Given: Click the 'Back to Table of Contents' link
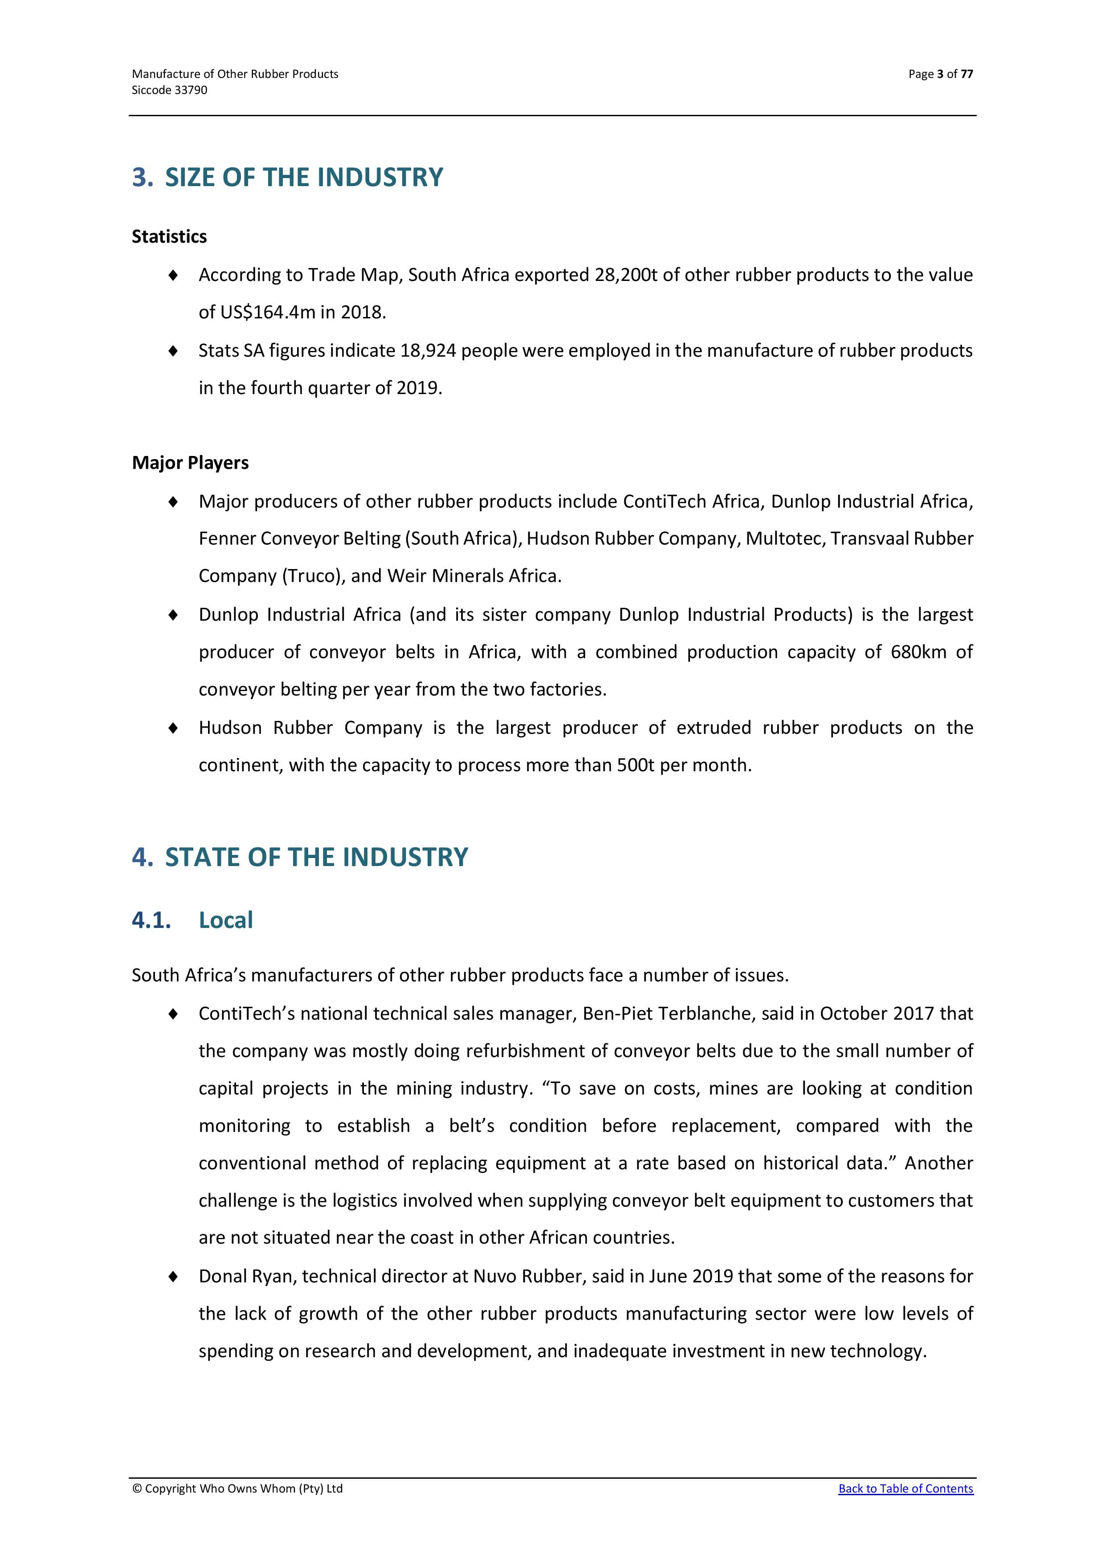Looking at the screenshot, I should click(905, 1489).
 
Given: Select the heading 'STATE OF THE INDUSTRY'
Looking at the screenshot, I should click(316, 857).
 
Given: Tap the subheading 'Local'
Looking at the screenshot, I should click(225, 920).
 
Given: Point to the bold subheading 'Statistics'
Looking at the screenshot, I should click(169, 237).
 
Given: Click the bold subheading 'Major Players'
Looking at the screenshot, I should click(190, 463).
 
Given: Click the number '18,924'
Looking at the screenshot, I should click(428, 351).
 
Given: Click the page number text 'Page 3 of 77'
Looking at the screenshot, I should click(940, 74).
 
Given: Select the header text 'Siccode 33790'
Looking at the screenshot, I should click(169, 90).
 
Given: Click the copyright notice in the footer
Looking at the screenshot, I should click(237, 1489).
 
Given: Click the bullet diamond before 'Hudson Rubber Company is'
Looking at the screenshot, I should click(174, 728).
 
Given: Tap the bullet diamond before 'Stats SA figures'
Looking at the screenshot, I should click(174, 351).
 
